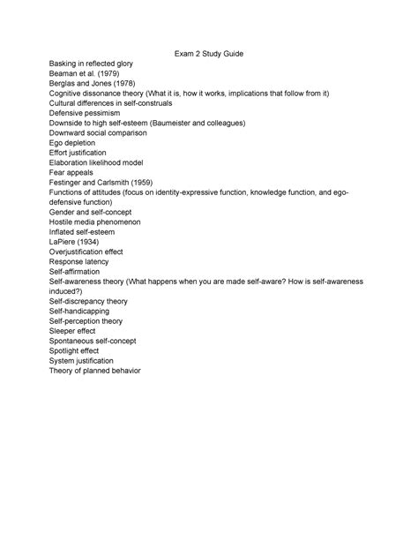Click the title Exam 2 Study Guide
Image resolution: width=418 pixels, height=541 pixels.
tap(209, 56)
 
